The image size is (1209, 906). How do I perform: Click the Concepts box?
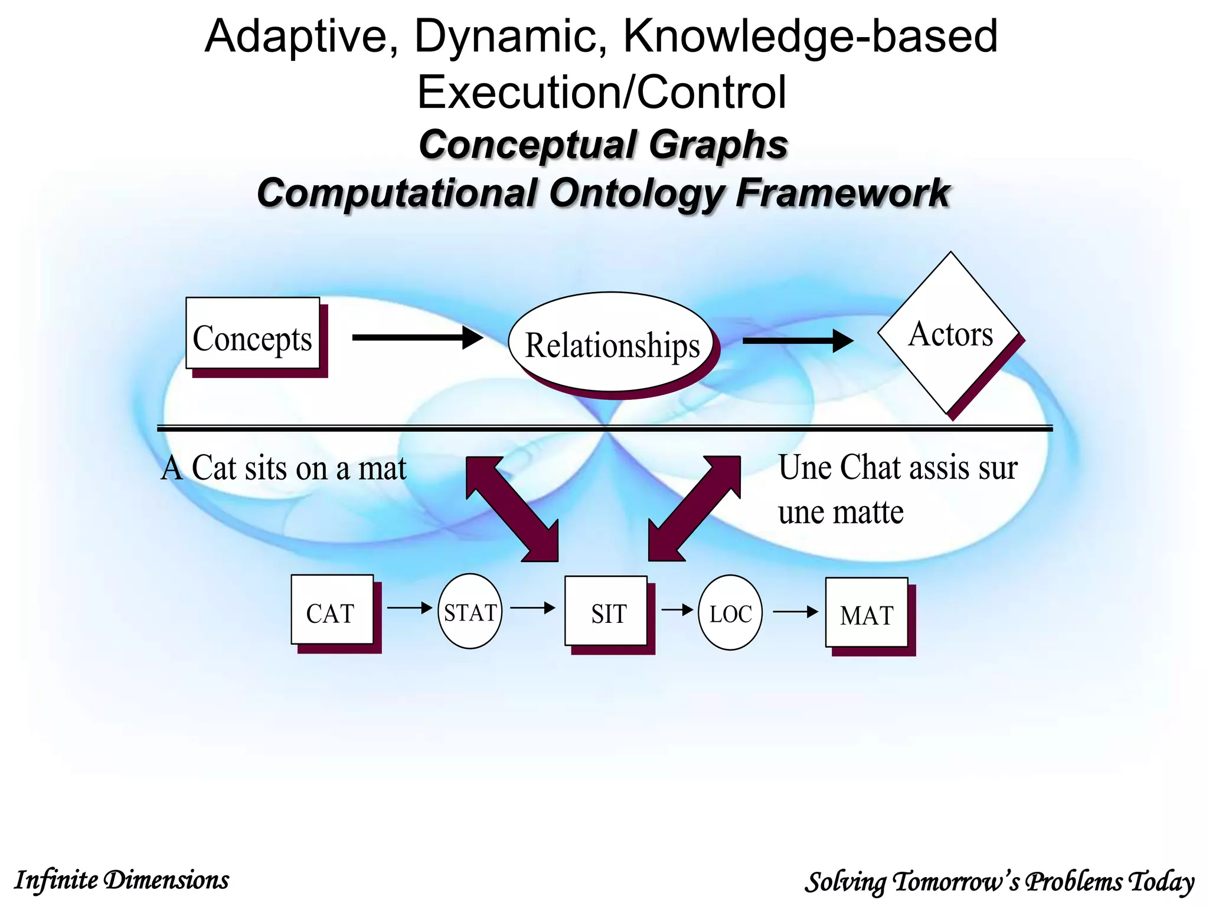[253, 334]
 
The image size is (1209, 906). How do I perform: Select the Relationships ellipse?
[612, 343]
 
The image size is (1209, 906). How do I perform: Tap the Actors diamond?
[950, 333]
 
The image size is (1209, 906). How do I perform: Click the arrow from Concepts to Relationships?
[417, 337]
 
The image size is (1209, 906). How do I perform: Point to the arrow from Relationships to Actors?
[797, 340]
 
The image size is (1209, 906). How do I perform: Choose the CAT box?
[332, 610]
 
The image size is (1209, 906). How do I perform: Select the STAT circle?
[470, 612]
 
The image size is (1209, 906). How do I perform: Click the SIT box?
[606, 611]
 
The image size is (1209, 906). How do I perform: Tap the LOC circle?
[730, 613]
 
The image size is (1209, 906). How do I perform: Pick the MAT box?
[867, 613]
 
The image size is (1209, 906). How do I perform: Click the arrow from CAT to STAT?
[410, 608]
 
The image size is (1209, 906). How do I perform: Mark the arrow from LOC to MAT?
[795, 612]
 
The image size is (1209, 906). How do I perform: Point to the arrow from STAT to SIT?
[532, 608]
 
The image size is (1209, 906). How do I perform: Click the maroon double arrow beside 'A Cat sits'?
[512, 508]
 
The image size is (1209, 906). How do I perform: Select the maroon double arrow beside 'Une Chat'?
[694, 508]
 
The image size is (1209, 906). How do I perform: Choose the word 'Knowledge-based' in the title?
[810, 37]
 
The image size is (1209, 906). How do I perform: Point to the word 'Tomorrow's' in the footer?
[956, 882]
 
